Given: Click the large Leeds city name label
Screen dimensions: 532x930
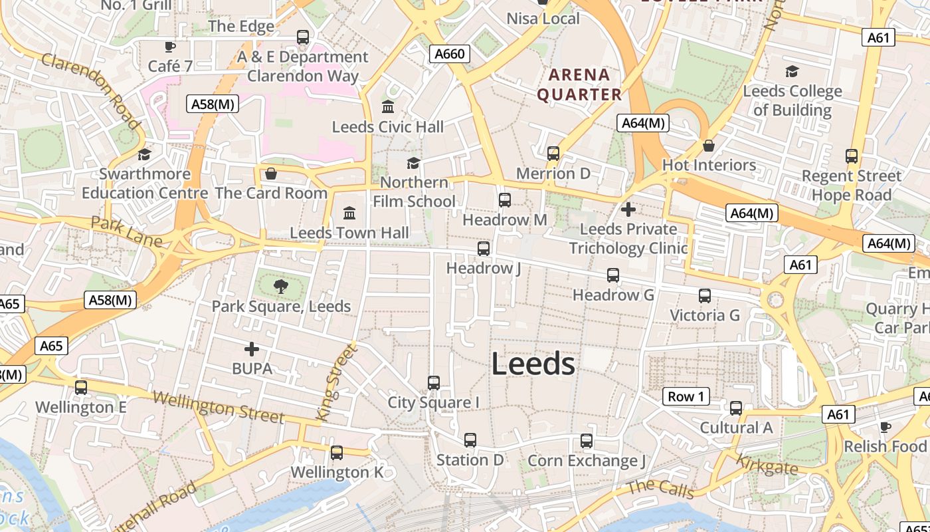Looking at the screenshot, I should (533, 364).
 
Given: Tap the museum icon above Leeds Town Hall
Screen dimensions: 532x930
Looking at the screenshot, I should (349, 213).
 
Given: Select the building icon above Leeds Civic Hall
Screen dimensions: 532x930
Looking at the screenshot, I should (388, 106).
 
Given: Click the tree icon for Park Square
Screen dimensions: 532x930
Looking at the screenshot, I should (281, 287).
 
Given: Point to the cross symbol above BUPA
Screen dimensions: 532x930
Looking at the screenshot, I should (252, 348).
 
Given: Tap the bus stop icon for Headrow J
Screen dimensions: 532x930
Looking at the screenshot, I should (484, 249).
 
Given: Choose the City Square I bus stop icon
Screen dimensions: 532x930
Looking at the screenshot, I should (434, 383).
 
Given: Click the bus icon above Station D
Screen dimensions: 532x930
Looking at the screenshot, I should (470, 440).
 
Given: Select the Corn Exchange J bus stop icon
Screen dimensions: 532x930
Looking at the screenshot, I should (587, 441).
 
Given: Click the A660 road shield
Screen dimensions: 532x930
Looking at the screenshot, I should (449, 54).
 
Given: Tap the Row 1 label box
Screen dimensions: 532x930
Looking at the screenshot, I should (686, 397).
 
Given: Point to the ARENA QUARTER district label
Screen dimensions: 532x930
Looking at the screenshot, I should (579, 84).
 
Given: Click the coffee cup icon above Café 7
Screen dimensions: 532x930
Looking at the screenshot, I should (170, 47).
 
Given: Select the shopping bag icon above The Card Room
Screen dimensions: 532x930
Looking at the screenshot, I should (271, 174).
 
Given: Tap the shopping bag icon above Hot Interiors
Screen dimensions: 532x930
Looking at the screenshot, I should (709, 146).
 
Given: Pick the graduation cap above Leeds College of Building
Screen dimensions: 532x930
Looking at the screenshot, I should (792, 71).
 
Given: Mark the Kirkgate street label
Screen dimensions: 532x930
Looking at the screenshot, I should (767, 464).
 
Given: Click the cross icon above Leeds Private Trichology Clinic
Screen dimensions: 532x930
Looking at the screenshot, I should (628, 209).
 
